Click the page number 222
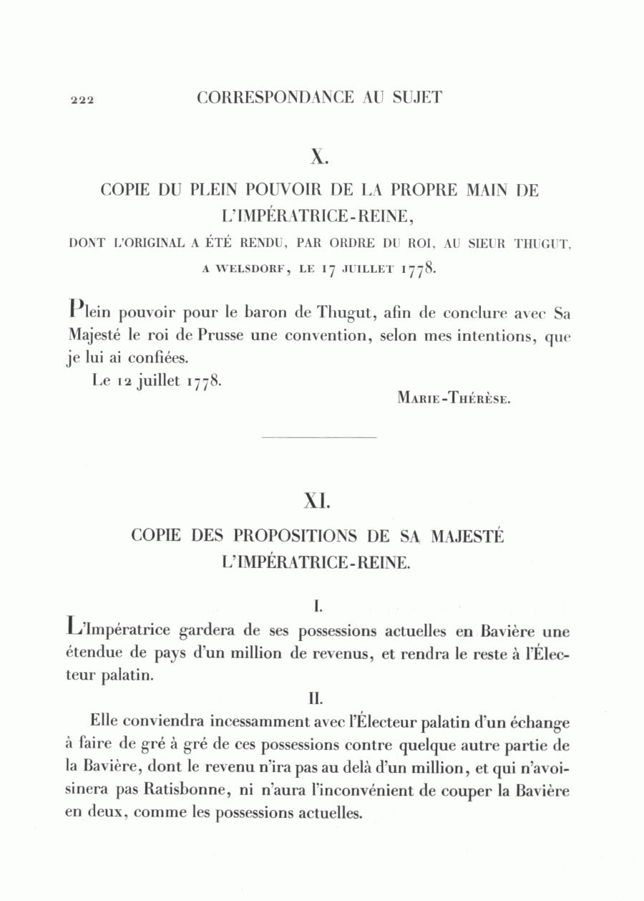(83, 100)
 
